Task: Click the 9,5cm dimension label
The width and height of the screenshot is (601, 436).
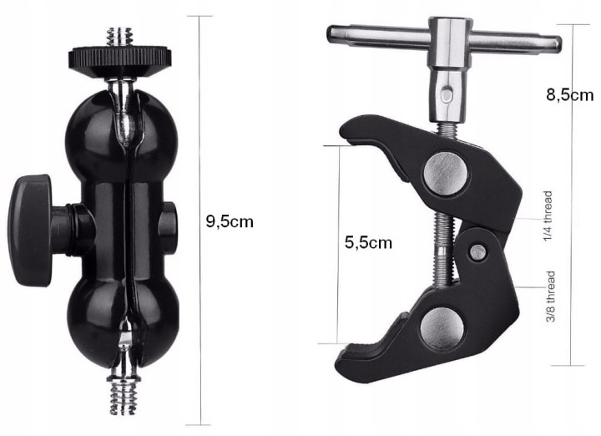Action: [230, 221]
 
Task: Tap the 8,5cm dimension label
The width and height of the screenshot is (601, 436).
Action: [570, 94]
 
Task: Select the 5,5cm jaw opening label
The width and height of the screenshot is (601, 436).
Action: [368, 242]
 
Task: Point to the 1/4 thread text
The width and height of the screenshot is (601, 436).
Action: [548, 216]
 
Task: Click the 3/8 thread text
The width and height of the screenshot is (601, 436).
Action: [550, 297]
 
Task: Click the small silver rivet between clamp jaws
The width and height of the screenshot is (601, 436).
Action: [478, 252]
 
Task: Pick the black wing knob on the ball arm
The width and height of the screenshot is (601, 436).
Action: [32, 231]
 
